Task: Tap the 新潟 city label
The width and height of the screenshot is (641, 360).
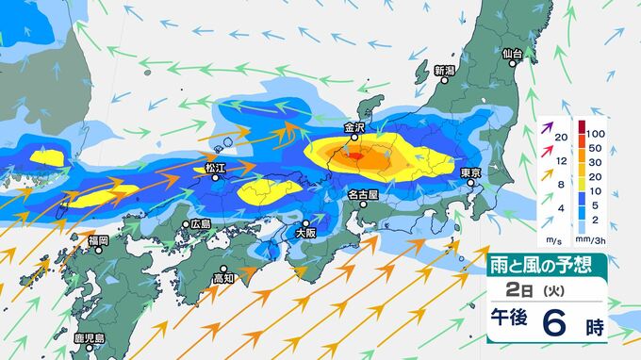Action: pyautogui.click(x=445, y=71)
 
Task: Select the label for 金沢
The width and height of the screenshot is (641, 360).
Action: pyautogui.click(x=354, y=126)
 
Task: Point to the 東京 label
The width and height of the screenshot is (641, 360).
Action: pyautogui.click(x=471, y=172)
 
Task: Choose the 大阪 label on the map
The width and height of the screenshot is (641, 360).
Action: pyautogui.click(x=304, y=230)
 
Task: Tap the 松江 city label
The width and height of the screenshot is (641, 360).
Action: pyautogui.click(x=216, y=167)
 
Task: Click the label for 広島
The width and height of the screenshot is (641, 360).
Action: pyautogui.click(x=200, y=224)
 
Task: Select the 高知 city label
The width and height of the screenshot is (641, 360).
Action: pyautogui.click(x=222, y=279)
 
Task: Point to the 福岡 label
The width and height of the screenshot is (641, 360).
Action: pyautogui.click(x=98, y=241)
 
